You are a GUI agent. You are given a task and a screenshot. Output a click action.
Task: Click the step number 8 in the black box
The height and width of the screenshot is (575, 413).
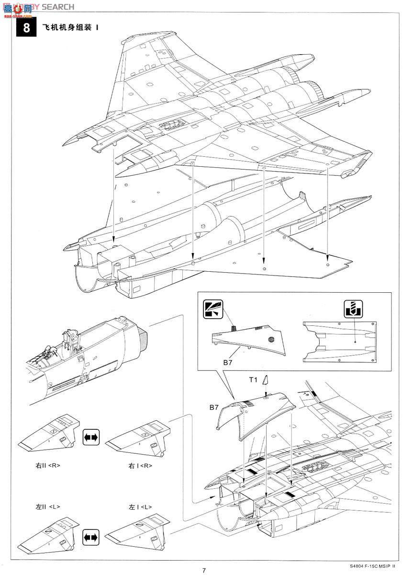click(x=26, y=27)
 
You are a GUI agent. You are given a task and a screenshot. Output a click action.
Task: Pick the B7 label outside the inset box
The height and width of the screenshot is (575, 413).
click(x=214, y=408)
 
